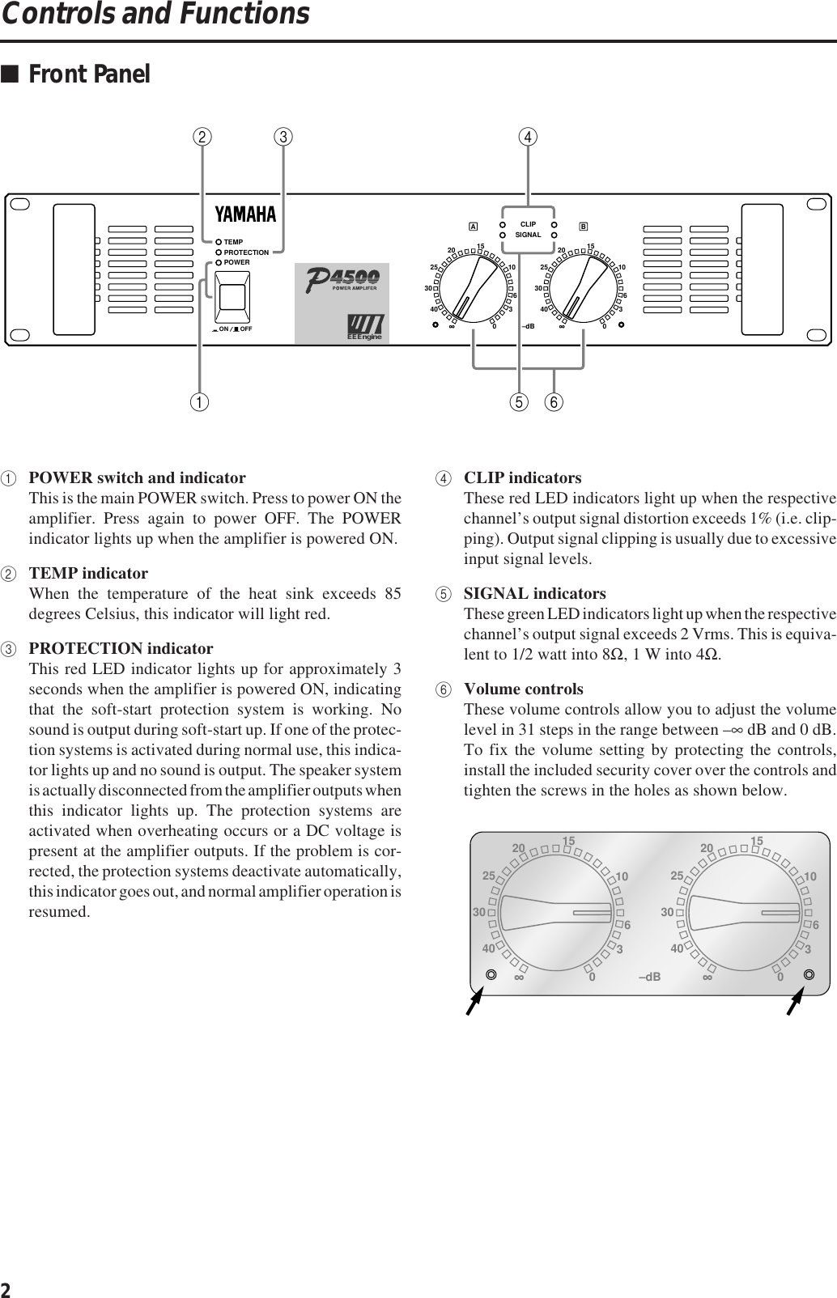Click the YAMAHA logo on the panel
pyautogui.click(x=245, y=214)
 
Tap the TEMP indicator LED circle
pyautogui.click(x=219, y=242)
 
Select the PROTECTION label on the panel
pyautogui.click(x=246, y=252)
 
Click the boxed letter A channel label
pyautogui.click(x=473, y=225)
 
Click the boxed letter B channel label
pyautogui.click(x=583, y=225)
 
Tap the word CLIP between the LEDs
pyautogui.click(x=528, y=223)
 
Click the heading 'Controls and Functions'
pyautogui.click(x=155, y=15)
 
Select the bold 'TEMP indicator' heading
pyautogui.click(x=88, y=574)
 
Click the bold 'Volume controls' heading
pyautogui.click(x=523, y=689)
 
